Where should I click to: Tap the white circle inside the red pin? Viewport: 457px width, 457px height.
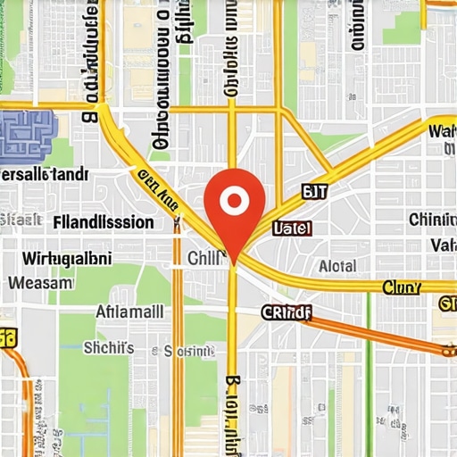click(234, 200)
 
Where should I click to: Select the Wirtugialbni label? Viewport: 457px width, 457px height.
click(66, 259)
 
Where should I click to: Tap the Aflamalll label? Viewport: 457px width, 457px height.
click(129, 312)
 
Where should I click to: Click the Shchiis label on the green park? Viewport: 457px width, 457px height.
click(108, 347)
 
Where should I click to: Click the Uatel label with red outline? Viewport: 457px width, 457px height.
click(291, 228)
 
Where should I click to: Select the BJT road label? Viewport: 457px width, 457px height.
click(316, 191)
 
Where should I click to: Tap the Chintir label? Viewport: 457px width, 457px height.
click(432, 220)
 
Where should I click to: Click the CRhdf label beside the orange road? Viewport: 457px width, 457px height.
click(286, 312)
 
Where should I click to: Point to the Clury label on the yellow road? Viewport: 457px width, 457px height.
click(402, 287)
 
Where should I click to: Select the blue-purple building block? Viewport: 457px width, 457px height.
click(27, 135)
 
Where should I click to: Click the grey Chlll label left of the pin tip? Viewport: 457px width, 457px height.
click(204, 259)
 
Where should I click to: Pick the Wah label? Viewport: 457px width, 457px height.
click(442, 132)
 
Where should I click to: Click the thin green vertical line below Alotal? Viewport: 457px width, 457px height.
click(368, 339)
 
